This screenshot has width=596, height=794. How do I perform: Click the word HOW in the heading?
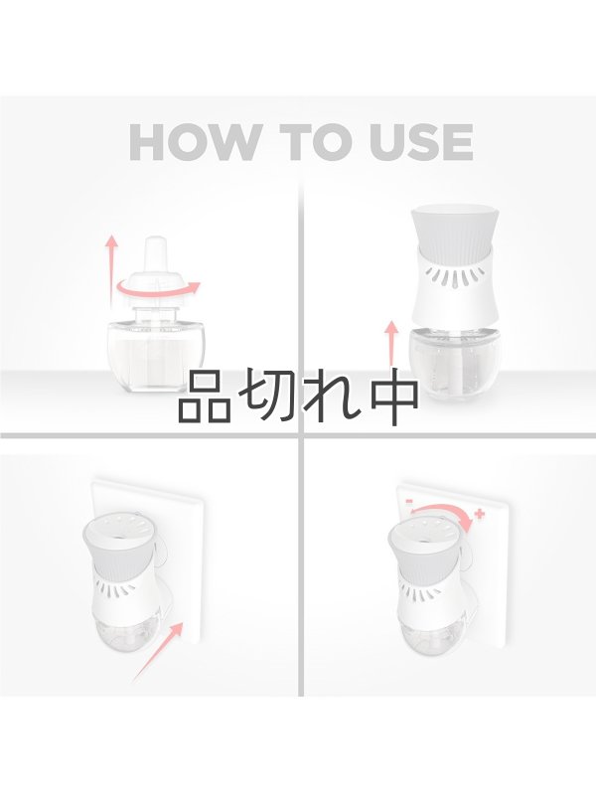(193, 142)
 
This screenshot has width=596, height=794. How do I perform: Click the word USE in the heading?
(423, 142)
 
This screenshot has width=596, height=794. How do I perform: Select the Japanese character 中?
(394, 399)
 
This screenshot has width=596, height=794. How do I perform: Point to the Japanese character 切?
(271, 399)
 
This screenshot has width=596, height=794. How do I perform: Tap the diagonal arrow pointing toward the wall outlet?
(157, 651)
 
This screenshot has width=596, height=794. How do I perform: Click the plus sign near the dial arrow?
(479, 515)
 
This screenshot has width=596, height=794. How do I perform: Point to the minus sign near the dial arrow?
(409, 501)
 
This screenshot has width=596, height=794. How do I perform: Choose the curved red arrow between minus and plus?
(444, 515)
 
